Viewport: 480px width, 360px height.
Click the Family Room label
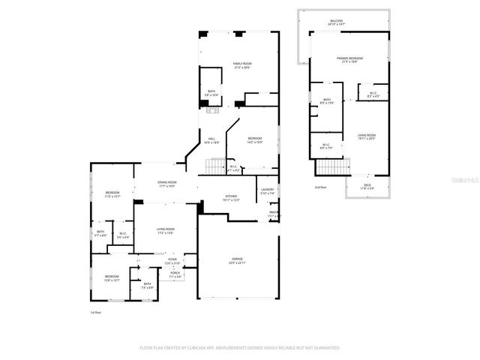click(241, 65)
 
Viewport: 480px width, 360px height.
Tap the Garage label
click(236, 260)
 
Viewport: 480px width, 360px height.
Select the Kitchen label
click(231, 198)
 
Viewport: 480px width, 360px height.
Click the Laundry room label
click(268, 191)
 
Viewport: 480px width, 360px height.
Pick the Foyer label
click(172, 260)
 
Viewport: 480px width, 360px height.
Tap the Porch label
click(175, 275)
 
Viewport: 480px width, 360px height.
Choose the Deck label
click(367, 186)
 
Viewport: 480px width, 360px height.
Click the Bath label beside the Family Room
click(211, 93)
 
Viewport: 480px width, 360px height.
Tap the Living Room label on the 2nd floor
click(366, 136)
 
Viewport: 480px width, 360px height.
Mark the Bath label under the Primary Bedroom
click(327, 100)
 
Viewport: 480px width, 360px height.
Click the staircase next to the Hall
click(216, 167)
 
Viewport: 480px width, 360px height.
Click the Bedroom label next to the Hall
click(255, 139)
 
